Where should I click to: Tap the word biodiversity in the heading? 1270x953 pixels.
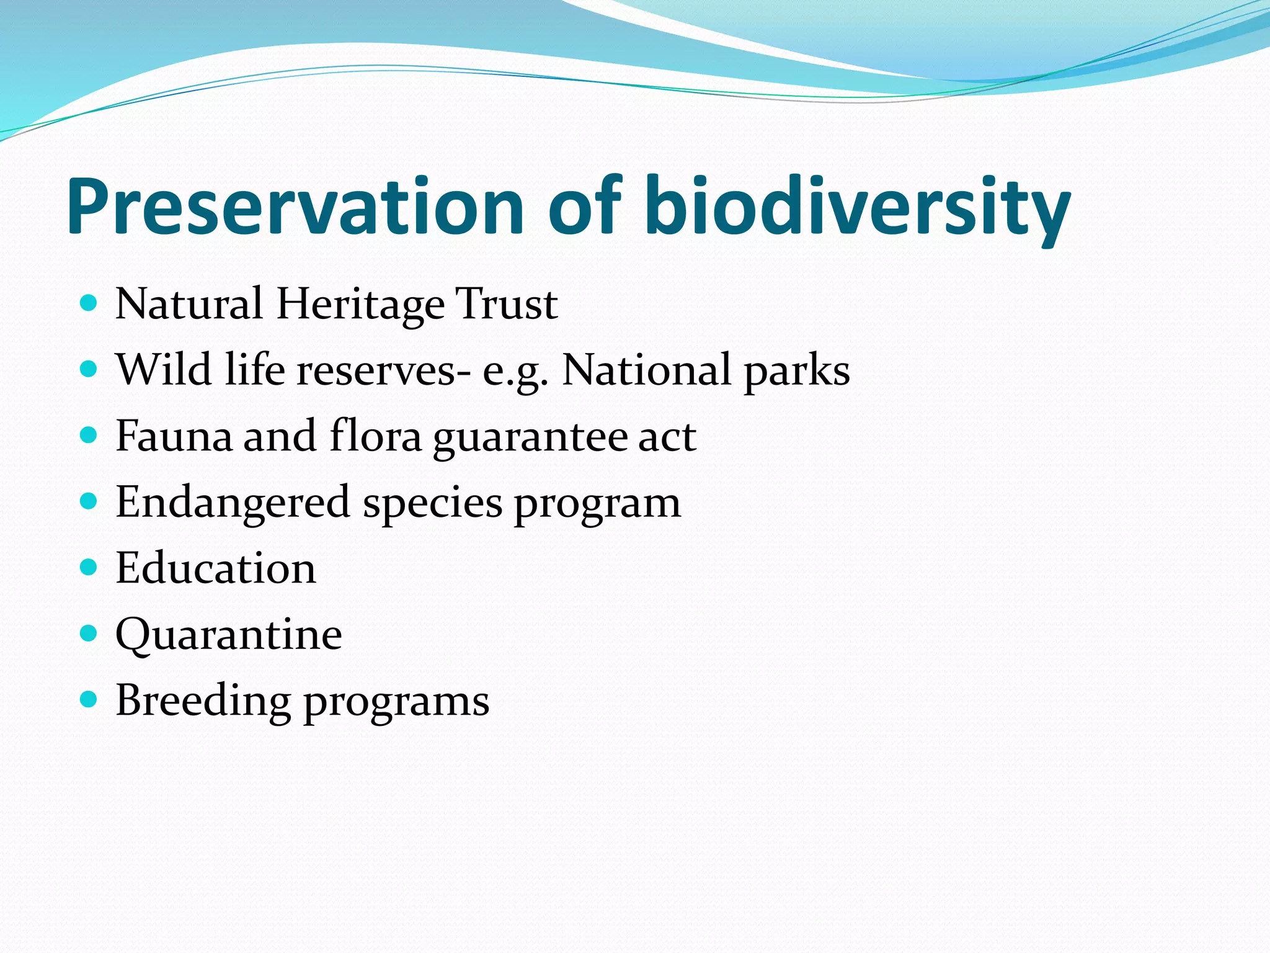pos(857,207)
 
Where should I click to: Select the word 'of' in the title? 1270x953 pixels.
pos(584,207)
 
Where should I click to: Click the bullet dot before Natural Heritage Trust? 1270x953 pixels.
pos(89,303)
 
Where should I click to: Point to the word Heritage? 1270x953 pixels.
pos(360,305)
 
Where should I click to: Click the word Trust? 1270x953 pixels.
pos(506,305)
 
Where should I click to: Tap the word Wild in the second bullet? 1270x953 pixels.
pos(164,370)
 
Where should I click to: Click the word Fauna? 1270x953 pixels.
pos(173,436)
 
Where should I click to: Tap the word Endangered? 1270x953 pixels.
pos(233,503)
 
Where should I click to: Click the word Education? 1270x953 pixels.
pos(216,568)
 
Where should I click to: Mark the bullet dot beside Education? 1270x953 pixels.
pos(89,567)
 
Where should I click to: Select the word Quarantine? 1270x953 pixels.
pos(229,635)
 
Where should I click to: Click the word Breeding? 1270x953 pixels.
pos(203,701)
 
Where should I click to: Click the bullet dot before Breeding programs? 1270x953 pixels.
pos(89,700)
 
